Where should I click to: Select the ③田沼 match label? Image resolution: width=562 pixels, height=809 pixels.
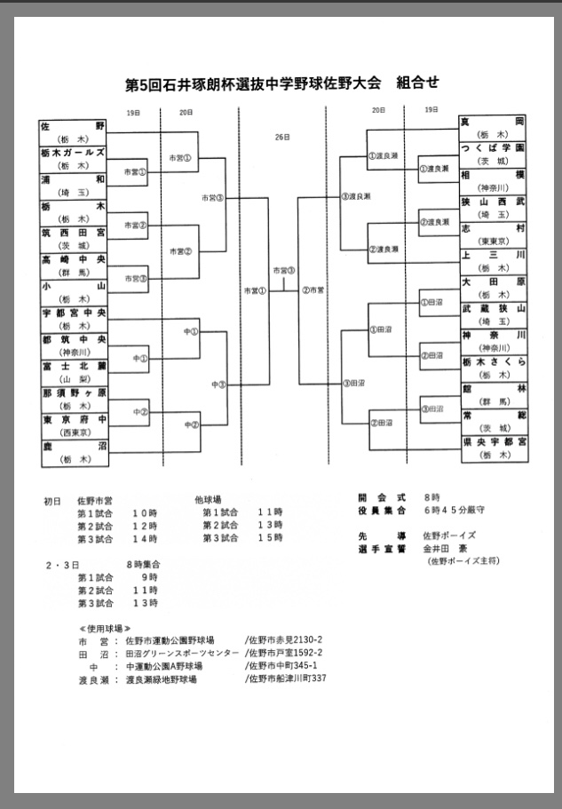point(353,383)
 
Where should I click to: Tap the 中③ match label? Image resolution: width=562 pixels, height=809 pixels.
point(218,385)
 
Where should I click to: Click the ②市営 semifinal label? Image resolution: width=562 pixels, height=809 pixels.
point(313,290)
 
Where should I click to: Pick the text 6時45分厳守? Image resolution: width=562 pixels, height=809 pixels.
point(455,511)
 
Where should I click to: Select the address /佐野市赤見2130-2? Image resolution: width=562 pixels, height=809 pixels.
point(283,639)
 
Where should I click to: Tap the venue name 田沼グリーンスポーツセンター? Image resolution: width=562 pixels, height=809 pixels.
point(182,653)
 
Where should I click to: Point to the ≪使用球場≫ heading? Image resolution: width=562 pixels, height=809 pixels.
point(104,626)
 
